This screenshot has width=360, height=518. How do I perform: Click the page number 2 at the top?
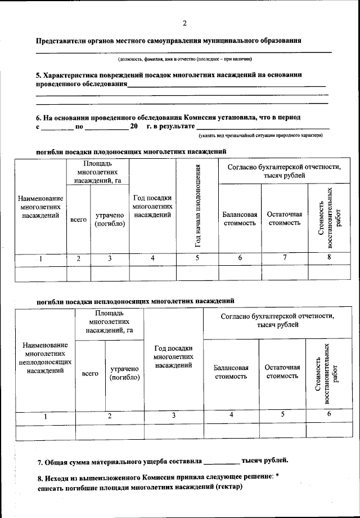click(184, 23)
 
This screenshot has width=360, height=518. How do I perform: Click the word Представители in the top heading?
click(62, 41)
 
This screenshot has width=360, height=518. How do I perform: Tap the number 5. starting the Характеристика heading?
click(39, 75)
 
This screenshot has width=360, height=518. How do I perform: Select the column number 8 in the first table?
click(328, 257)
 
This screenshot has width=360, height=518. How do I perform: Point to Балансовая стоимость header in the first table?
click(240, 218)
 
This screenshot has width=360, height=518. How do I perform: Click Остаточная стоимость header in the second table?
click(282, 372)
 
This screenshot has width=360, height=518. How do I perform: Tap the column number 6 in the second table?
click(329, 415)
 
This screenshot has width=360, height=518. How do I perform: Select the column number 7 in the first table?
click(285, 257)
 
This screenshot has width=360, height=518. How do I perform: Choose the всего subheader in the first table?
click(78, 219)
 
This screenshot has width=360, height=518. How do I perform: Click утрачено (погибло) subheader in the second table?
click(125, 373)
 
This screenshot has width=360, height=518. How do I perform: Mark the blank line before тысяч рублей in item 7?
click(221, 462)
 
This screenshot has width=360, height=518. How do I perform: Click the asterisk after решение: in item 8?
click(278, 476)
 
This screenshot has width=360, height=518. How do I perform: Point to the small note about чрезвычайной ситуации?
click(260, 135)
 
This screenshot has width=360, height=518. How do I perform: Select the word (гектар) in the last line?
click(227, 487)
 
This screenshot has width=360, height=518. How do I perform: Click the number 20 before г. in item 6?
click(134, 127)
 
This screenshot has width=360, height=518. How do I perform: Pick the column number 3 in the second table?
click(174, 415)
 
